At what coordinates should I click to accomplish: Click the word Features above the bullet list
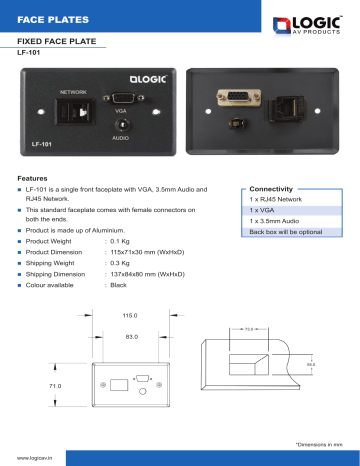point(33,178)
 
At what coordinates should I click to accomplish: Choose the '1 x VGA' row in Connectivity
point(263,210)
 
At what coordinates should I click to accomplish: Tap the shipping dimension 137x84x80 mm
point(145,273)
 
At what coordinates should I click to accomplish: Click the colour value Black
point(118,285)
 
